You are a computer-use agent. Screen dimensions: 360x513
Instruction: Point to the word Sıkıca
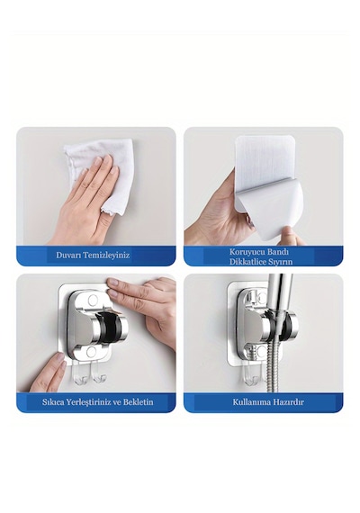[x=53, y=401]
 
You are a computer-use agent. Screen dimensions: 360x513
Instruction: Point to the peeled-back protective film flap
[x=268, y=210]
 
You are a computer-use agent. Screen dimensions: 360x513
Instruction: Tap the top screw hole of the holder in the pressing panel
[x=93, y=299]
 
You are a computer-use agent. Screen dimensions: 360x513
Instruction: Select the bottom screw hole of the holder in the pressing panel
[x=92, y=352]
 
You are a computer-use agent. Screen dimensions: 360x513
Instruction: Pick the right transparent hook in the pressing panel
[x=98, y=375]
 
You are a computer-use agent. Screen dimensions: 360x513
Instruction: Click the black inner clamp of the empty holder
[x=109, y=328]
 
